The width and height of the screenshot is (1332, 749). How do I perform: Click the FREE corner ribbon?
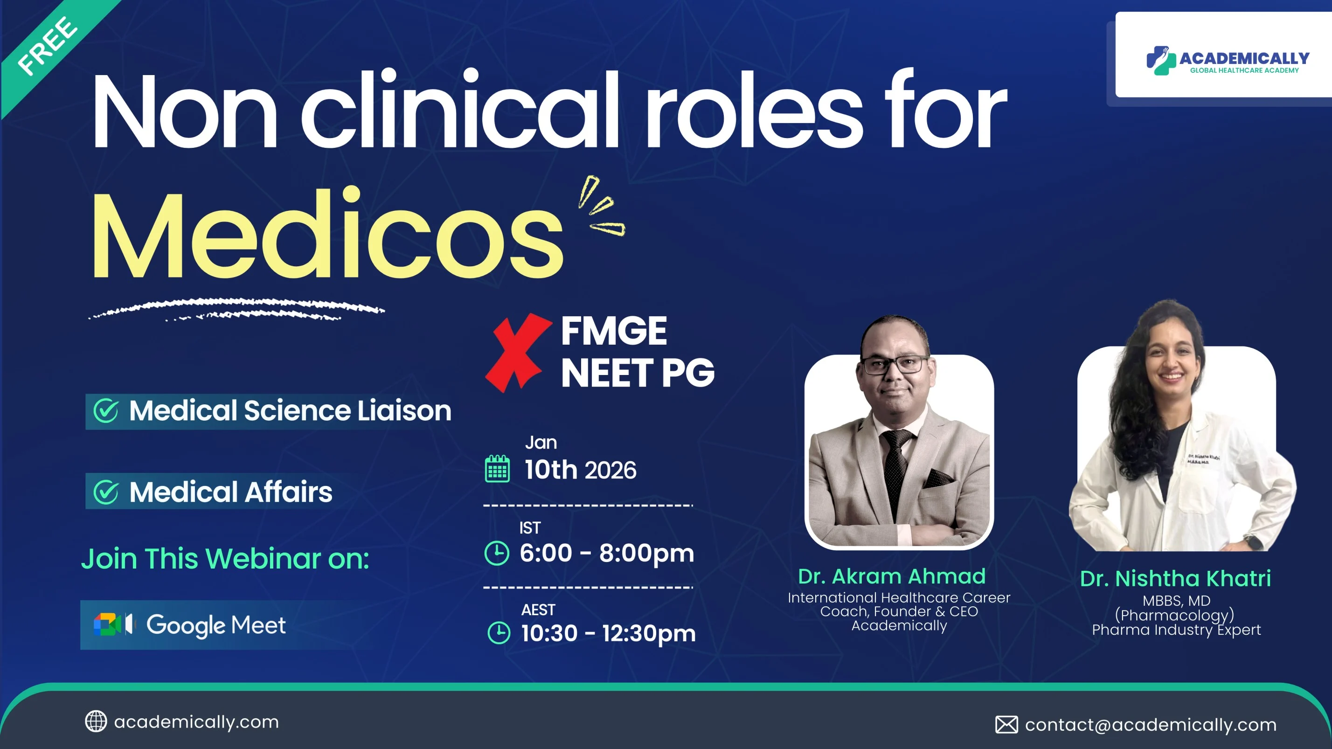coord(49,49)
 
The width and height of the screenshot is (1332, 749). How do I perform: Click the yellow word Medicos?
coord(327,235)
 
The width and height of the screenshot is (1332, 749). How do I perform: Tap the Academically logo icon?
coord(1161,61)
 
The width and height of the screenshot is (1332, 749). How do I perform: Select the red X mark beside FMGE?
coord(518,353)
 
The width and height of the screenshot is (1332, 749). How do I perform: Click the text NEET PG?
coord(638,373)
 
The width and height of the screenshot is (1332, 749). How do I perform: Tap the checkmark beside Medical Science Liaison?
coord(106,411)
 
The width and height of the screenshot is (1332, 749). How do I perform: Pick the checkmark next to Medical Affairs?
coord(106,492)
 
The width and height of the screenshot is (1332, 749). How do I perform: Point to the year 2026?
coord(610,471)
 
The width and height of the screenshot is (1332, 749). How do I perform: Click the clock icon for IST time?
coord(497,553)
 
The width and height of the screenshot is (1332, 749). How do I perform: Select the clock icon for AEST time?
coord(499,633)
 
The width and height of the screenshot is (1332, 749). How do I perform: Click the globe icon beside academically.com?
coord(96,721)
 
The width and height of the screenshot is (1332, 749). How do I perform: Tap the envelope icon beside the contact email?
coord(1006,725)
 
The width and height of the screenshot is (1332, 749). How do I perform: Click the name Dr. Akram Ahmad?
coord(892,576)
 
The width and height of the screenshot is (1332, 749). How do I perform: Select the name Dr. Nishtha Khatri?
coord(1175,579)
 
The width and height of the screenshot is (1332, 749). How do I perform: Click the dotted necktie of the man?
coord(896,465)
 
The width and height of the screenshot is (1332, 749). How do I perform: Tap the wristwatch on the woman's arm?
coord(1253,543)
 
